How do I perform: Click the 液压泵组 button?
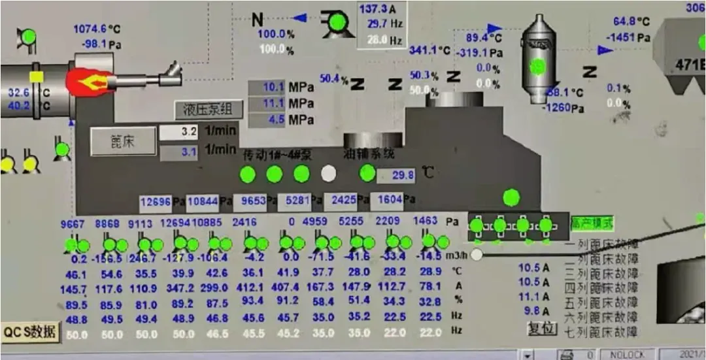pos(209,109)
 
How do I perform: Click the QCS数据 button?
pos(30,332)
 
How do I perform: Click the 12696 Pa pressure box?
pos(156,202)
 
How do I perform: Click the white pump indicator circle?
pos(329,174)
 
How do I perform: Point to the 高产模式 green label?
pos(592,223)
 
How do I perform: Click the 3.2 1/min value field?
pos(179,132)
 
